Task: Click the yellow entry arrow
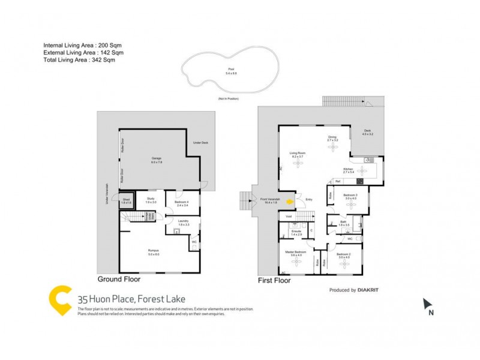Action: point(290,202)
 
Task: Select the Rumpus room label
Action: point(154,251)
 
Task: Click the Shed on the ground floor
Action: point(126,201)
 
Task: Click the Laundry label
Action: point(183,222)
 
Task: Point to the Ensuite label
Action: point(295,230)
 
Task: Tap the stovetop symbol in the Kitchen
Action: point(361,181)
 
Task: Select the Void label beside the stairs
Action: point(288,217)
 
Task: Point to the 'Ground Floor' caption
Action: point(119,280)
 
